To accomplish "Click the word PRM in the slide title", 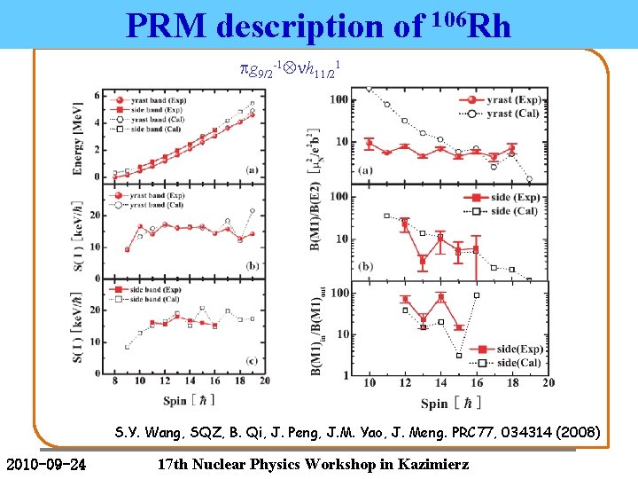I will (167, 27).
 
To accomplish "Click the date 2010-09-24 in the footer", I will (45, 464).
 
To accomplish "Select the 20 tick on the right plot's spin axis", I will (549, 381).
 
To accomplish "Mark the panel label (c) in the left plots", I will (252, 359).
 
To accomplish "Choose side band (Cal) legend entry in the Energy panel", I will (155, 129).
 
